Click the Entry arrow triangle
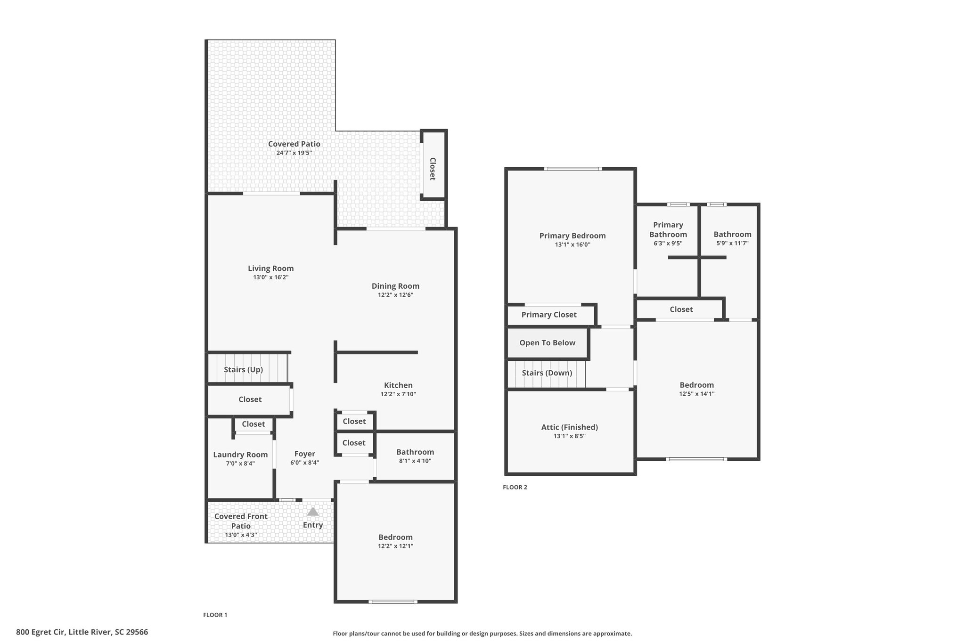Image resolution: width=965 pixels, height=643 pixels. (313, 512)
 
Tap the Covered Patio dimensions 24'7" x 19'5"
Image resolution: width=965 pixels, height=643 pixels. (294, 153)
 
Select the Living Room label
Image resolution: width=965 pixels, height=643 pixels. (270, 269)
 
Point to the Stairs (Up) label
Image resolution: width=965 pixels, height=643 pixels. (243, 370)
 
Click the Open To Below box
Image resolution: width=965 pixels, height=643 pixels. (547, 343)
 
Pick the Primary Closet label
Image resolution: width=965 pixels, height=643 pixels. (548, 315)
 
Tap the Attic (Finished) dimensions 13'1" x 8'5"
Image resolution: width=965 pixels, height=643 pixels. (569, 436)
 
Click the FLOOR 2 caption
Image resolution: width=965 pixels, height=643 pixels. (515, 487)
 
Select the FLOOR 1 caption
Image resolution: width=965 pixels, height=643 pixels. (215, 615)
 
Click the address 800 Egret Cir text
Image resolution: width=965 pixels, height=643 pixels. (82, 632)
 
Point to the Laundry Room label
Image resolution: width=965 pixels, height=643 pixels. (240, 455)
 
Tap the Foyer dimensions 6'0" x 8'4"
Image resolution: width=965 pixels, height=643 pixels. (304, 463)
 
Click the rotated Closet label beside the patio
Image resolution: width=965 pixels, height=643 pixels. (432, 169)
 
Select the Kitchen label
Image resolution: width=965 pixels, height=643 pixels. (398, 385)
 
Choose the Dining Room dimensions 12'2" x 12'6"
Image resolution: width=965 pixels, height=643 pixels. (395, 295)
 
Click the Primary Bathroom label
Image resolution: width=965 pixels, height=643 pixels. (668, 229)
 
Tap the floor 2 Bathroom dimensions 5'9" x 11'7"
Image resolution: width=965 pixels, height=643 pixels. (732, 244)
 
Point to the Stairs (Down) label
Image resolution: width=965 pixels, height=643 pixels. (547, 373)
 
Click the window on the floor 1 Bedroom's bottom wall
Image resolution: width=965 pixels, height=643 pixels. (393, 602)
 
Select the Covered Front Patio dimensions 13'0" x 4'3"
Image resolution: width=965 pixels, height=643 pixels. (241, 535)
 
